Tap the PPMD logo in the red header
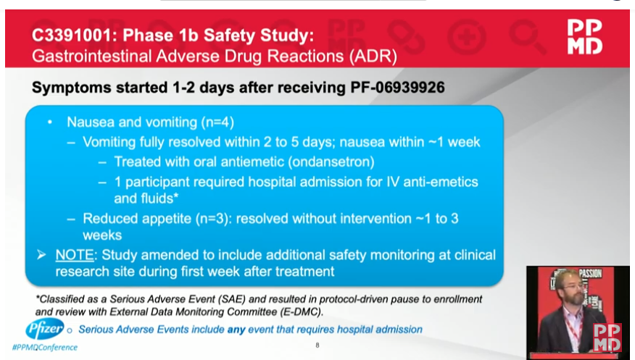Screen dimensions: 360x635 (x=584, y=37)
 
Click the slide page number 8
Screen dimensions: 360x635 (x=317, y=345)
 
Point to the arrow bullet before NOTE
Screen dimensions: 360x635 (x=43, y=255)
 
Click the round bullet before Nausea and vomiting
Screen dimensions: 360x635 (x=50, y=123)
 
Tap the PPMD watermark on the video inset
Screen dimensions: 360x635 (x=607, y=338)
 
